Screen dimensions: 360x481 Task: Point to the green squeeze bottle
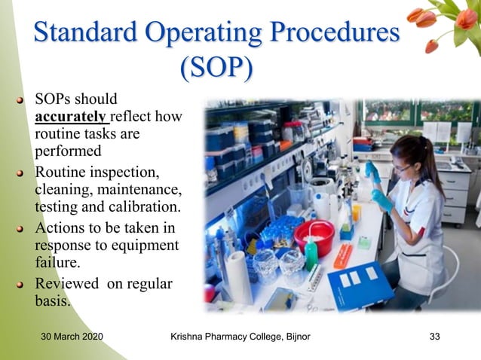tap(311, 253)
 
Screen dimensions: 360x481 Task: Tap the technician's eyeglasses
tap(403, 168)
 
